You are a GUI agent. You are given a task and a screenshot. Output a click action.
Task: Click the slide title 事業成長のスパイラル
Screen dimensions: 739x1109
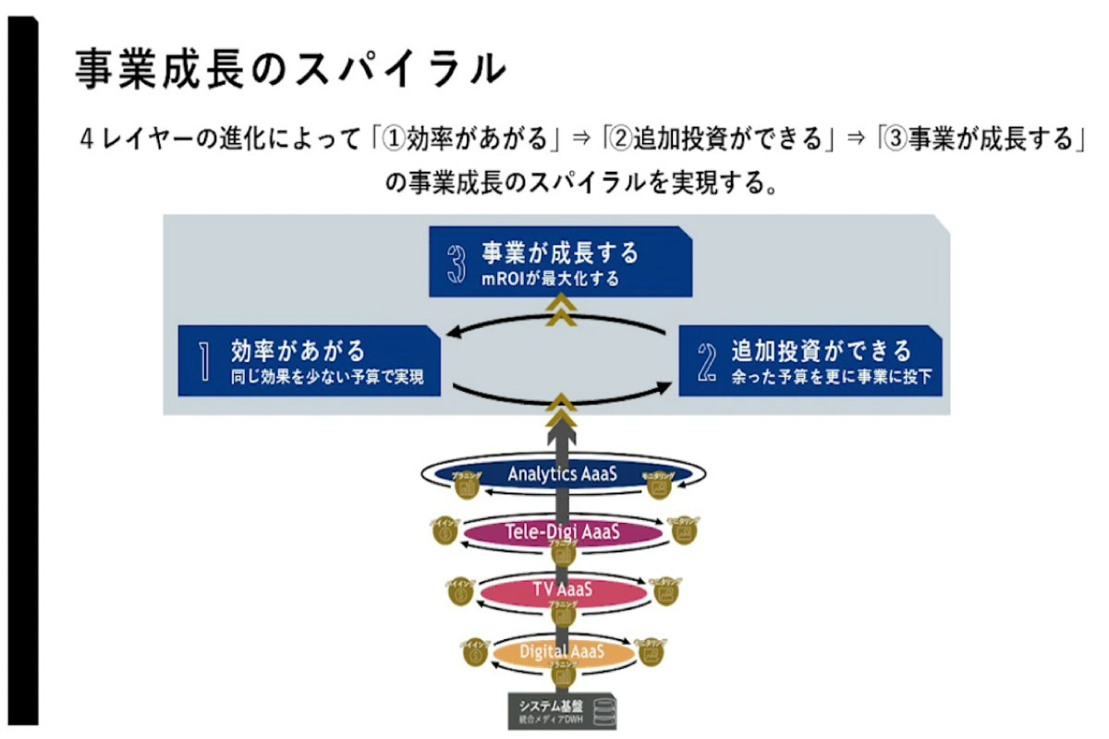point(290,68)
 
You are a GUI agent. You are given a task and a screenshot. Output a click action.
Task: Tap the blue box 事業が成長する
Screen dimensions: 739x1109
point(561,262)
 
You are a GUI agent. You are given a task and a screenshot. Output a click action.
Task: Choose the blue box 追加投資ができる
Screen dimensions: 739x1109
point(810,360)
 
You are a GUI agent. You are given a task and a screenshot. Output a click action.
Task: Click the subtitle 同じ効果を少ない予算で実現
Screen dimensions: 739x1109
point(327,377)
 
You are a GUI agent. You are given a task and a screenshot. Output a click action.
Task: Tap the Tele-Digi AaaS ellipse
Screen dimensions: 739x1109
point(562,532)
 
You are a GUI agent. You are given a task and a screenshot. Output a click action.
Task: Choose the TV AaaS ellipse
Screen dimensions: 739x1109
point(562,590)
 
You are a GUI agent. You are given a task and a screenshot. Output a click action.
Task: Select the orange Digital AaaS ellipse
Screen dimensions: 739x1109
point(562,652)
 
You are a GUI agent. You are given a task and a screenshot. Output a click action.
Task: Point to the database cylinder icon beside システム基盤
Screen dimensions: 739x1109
point(605,711)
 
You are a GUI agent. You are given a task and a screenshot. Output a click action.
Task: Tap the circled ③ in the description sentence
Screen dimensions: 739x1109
point(895,140)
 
